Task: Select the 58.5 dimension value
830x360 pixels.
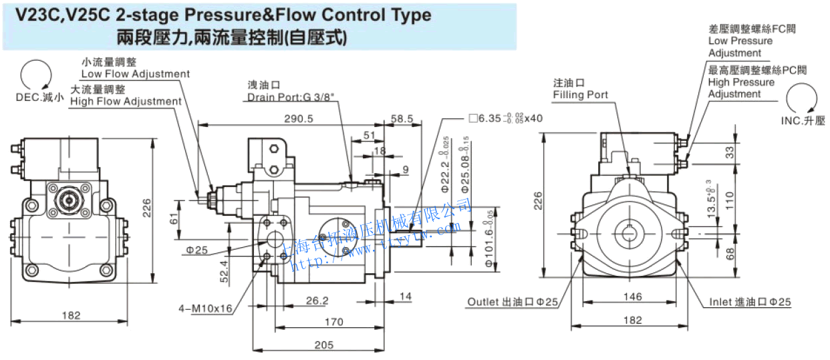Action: coord(402,118)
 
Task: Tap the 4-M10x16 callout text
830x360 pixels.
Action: coord(205,309)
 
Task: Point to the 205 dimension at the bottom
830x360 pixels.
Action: coord(323,345)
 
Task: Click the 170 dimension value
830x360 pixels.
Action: coord(333,322)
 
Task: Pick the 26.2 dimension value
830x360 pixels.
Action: coord(317,301)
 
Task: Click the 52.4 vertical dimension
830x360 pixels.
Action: coord(224,272)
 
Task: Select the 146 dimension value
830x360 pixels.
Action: coord(632,297)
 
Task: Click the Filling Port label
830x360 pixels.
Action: coord(580,95)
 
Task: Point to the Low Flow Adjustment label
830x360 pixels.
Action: coord(135,73)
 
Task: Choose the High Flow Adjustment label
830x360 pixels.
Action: coord(126,101)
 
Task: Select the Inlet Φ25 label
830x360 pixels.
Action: coord(750,302)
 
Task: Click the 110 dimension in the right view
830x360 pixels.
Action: coord(730,198)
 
